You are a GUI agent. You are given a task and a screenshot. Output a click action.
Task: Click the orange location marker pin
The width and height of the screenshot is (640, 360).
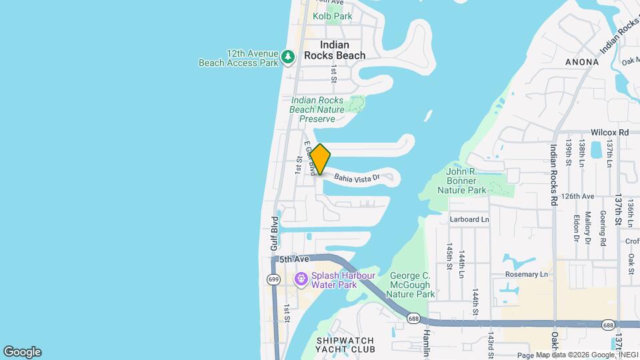(321, 159)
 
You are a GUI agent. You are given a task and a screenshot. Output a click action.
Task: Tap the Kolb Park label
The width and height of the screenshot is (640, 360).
(332, 15)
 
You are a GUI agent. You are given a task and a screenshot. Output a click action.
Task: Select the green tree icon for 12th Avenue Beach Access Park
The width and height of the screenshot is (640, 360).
(288, 57)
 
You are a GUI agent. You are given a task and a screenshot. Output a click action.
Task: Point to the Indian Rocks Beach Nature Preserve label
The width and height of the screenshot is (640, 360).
(317, 109)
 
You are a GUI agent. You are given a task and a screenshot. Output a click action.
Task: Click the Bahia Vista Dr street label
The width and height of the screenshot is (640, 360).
(357, 178)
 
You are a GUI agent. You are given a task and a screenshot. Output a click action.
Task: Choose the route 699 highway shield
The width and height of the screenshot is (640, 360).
(273, 279)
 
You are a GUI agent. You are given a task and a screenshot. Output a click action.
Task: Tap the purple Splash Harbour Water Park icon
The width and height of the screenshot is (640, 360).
(301, 277)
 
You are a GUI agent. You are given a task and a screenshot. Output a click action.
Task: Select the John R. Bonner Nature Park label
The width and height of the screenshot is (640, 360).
(462, 181)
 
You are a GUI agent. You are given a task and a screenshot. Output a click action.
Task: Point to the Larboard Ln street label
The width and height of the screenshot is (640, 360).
(469, 219)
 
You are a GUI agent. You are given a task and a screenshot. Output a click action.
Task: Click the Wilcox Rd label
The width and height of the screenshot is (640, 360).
(609, 133)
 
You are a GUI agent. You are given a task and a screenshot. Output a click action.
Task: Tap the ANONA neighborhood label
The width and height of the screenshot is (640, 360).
(581, 62)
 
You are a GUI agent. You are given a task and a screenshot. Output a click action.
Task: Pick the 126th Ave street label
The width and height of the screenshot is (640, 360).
(577, 197)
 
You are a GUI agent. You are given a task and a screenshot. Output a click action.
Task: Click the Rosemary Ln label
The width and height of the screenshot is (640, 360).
(526, 274)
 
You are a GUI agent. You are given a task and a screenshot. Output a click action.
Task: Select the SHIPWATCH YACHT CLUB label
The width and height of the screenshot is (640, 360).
(345, 345)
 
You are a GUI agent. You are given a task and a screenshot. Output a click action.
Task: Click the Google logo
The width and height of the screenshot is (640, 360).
(22, 352)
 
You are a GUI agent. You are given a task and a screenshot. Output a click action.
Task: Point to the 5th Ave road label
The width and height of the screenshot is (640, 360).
(295, 259)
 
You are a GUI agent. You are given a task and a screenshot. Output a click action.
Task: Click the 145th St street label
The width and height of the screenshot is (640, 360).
(450, 255)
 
